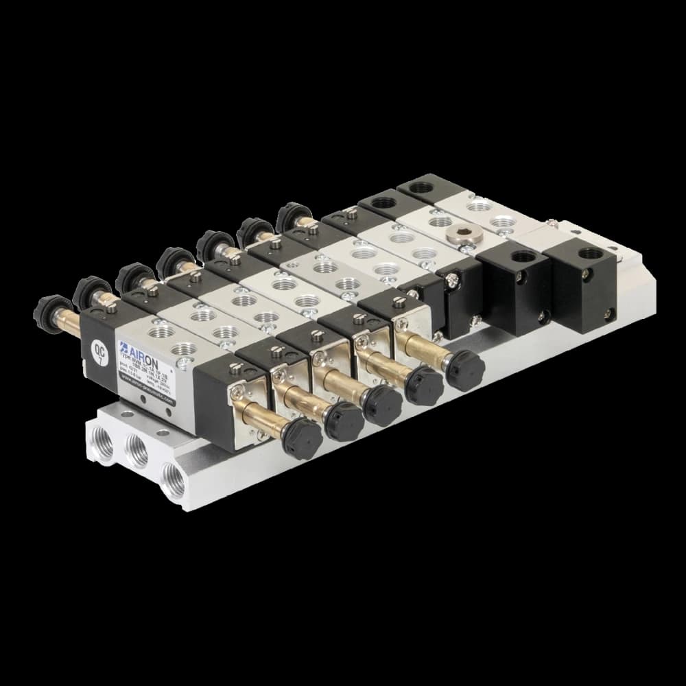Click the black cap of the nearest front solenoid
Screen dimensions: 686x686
click(x=301, y=437)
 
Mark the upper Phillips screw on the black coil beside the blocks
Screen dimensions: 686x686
click(x=451, y=280)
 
